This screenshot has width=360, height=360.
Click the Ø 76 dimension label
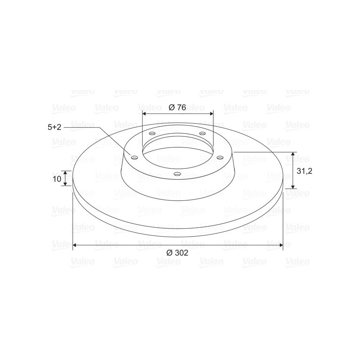[177, 108]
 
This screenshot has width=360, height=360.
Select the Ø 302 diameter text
[177, 253]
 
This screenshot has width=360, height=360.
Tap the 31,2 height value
[305, 171]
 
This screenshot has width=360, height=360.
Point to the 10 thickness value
[57, 179]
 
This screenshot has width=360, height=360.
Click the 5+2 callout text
[54, 127]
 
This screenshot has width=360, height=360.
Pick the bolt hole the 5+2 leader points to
[134, 157]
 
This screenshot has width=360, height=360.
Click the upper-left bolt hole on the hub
[152, 133]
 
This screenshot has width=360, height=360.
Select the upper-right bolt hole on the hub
[202, 133]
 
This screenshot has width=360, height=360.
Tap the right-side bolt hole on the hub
[220, 157]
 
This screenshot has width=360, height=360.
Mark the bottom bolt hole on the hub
[177, 174]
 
